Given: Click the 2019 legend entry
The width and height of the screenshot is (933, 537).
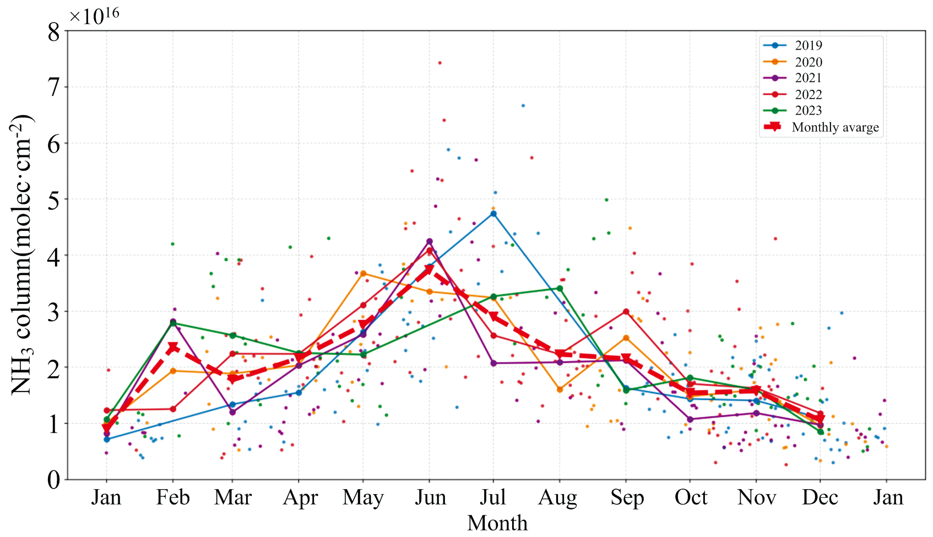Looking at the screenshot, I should coord(808,46).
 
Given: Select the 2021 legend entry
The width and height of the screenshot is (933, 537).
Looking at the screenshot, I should coord(808,78).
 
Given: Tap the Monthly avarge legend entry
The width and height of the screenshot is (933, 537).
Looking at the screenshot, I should coord(835,127).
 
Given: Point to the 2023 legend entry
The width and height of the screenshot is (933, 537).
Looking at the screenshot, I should coord(808,111).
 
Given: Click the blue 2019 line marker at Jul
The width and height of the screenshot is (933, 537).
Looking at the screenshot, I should coord(493,214).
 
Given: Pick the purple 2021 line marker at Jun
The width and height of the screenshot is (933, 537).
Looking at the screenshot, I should coord(430,241).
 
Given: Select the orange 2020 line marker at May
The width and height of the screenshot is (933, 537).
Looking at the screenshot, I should coord(363,273).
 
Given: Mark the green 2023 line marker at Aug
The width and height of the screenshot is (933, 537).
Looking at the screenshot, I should coord(560,289).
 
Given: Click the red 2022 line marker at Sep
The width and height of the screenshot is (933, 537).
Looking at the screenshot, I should coord(626,312).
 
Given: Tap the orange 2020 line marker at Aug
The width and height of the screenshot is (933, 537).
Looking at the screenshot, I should coord(560,389).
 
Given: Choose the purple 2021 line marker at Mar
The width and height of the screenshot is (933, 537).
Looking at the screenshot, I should coord(232,412).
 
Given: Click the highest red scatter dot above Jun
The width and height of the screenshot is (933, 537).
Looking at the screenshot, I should coord(440,63).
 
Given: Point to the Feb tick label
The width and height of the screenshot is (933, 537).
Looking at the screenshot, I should coord(173,497).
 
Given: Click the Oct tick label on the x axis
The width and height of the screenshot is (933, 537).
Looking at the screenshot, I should coord(691,497).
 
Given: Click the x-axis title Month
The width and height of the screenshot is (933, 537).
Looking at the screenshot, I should coord(497,523).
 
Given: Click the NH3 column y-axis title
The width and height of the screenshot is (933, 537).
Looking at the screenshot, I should coord(22,254).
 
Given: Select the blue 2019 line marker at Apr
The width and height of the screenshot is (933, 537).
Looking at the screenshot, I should coord(299,393).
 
